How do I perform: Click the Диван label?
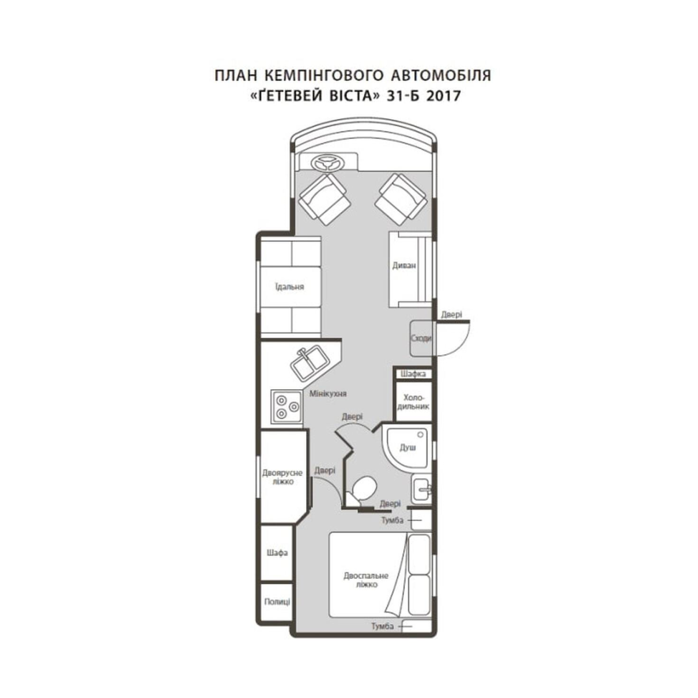click(x=404, y=265)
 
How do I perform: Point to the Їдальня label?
click(x=289, y=287)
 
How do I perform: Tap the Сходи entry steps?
click(x=421, y=339)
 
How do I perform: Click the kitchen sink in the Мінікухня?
click(x=309, y=364)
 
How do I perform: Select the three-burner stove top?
click(x=287, y=407)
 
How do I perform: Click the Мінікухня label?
click(x=327, y=393)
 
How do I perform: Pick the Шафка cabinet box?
click(x=413, y=374)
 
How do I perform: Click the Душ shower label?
click(x=408, y=448)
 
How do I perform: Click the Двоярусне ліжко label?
click(x=283, y=478)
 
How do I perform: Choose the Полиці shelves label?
click(x=277, y=601)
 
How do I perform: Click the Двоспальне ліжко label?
click(x=366, y=580)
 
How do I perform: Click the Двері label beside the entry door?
click(x=452, y=315)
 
